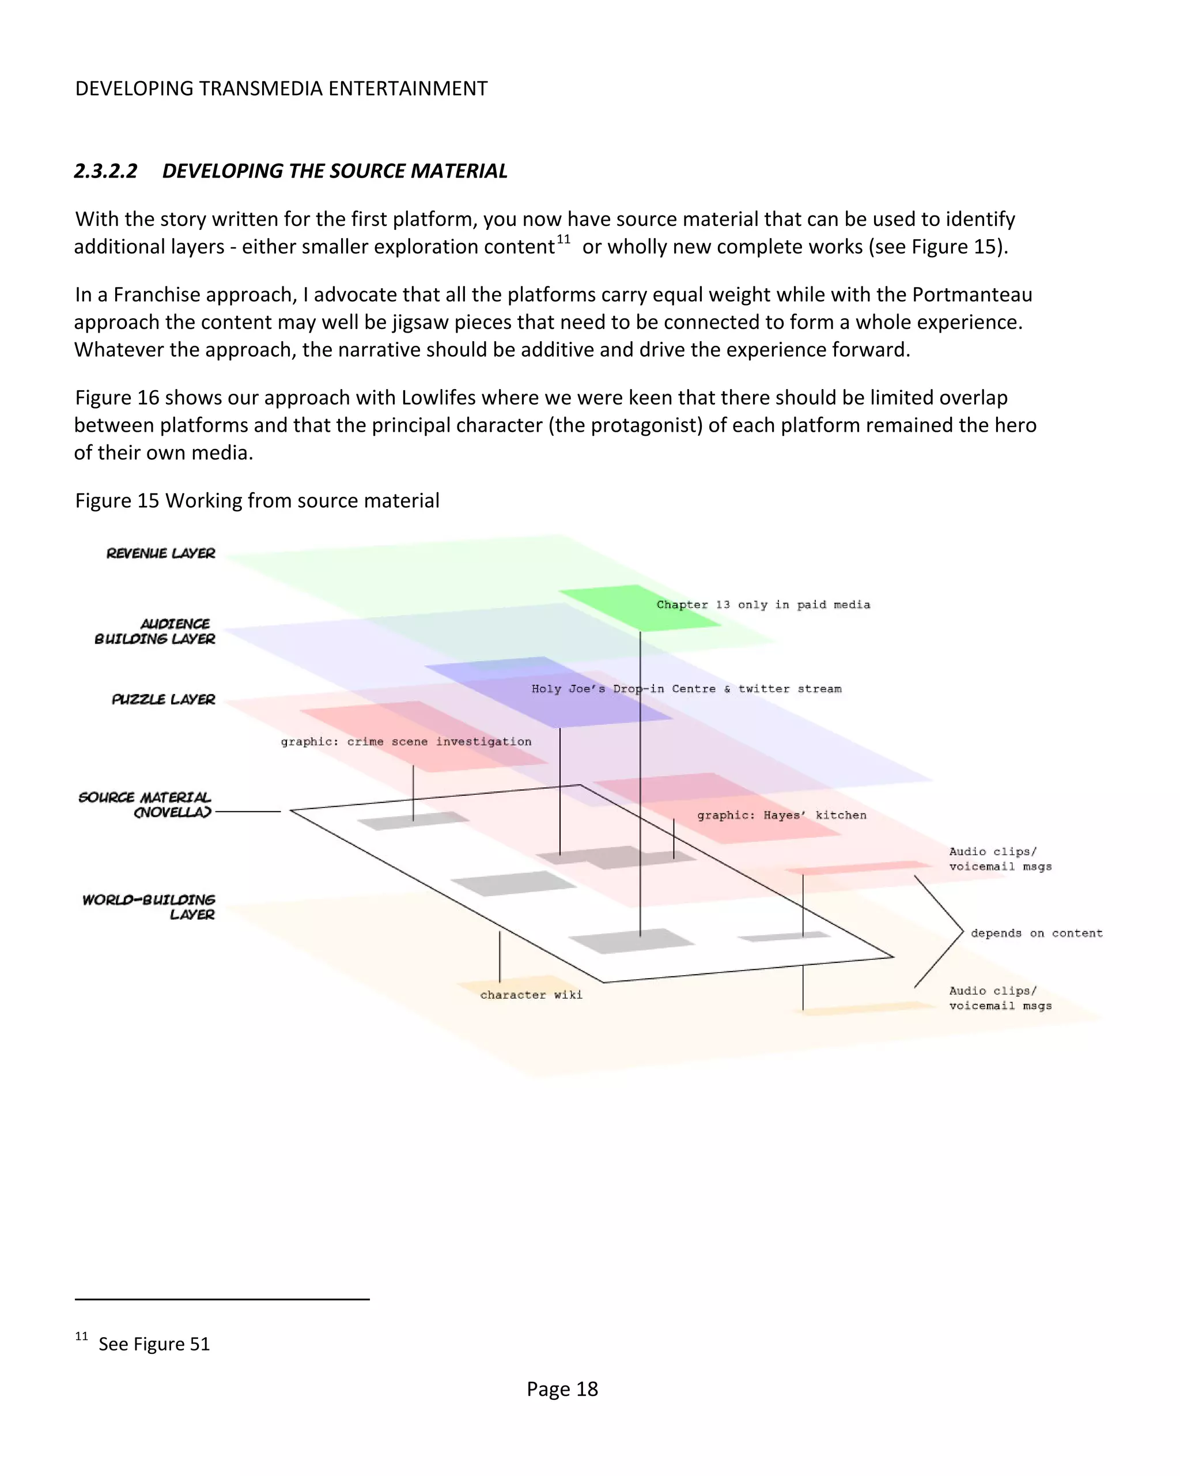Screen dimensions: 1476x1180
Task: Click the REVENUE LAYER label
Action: coord(160,553)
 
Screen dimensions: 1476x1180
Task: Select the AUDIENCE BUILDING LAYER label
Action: coord(156,631)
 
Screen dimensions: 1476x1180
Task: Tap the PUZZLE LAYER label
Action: coord(163,699)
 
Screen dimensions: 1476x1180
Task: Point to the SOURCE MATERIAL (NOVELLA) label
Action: coord(145,805)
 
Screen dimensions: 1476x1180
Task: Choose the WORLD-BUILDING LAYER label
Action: coord(149,907)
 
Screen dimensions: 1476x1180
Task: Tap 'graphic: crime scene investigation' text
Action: coord(406,741)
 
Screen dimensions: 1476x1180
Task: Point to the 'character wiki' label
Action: coord(531,995)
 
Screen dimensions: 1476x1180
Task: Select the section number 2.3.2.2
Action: coord(106,171)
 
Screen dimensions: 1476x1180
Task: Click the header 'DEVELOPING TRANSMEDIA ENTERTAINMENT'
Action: coord(281,89)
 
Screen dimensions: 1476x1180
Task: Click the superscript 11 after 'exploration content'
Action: coord(563,240)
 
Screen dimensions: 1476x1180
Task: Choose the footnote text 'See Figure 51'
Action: coord(154,1344)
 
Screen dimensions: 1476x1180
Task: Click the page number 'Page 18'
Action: coord(562,1389)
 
